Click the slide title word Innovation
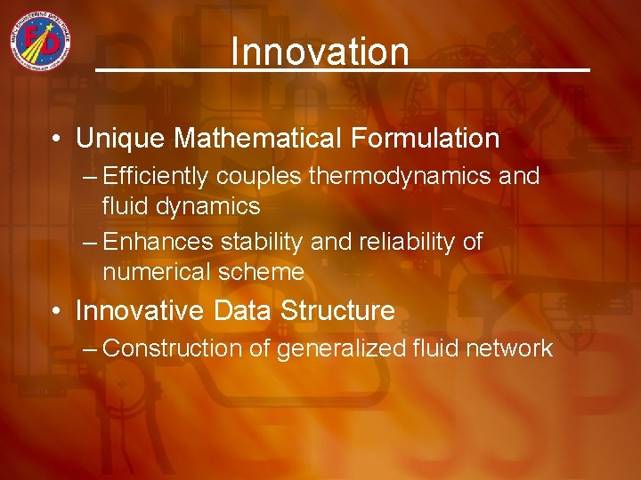tap(320, 52)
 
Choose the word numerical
tap(155, 272)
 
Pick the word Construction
tap(172, 348)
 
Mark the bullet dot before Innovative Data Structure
tap(56, 312)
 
